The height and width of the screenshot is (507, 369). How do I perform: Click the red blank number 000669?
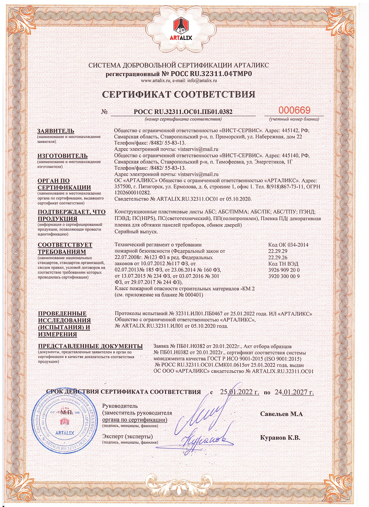[294, 110]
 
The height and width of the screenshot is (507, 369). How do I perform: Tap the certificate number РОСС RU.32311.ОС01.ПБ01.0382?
[183, 112]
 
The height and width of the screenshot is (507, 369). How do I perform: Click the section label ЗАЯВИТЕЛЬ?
[56, 131]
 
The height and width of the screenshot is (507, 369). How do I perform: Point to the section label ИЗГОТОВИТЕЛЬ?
[62, 156]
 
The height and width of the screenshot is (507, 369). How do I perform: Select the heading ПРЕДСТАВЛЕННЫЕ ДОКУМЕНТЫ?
[90, 346]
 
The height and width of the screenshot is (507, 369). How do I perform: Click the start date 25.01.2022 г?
[239, 392]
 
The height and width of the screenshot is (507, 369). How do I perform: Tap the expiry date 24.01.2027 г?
[294, 392]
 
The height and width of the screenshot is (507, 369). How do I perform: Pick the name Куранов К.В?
[280, 438]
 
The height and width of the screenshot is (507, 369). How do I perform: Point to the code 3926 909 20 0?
[284, 270]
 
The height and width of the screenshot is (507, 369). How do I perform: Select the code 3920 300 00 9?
[284, 276]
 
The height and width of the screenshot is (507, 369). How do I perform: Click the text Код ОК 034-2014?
[288, 245]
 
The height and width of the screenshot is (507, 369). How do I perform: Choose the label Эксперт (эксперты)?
[127, 436]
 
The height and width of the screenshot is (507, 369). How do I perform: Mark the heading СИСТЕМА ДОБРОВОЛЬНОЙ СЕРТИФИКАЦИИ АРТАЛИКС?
[179, 65]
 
